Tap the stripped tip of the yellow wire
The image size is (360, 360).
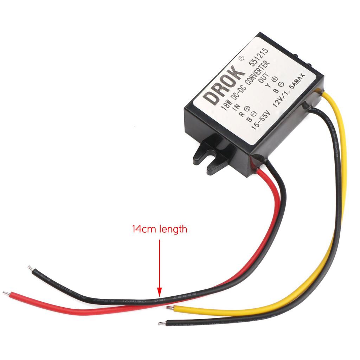170,308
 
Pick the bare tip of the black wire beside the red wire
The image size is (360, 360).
30,268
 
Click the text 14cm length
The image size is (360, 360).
160,230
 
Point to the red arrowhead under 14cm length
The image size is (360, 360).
159,291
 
